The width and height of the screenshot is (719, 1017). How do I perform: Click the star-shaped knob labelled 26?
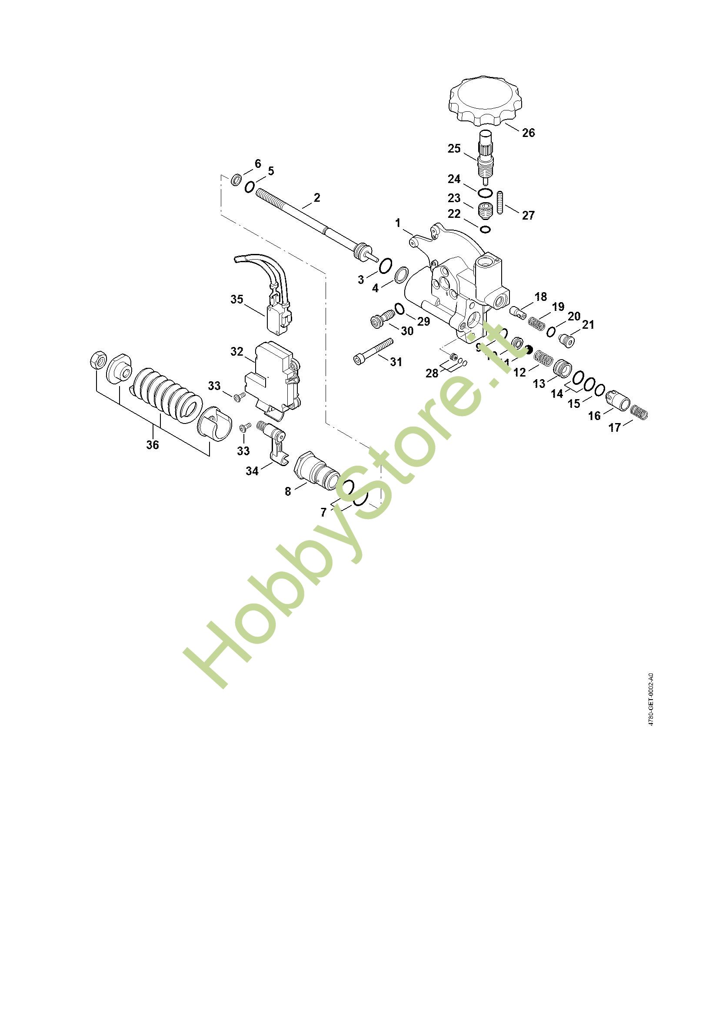pyautogui.click(x=486, y=100)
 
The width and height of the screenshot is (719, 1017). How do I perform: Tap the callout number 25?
pyautogui.click(x=454, y=148)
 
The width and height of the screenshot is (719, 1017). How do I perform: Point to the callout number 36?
pyautogui.click(x=153, y=444)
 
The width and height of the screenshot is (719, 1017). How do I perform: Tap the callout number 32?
pyautogui.click(x=237, y=351)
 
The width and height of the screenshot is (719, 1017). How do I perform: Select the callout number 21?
pyautogui.click(x=588, y=325)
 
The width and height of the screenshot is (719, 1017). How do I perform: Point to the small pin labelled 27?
pyautogui.click(x=501, y=202)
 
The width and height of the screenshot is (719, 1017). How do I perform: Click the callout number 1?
pyautogui.click(x=398, y=223)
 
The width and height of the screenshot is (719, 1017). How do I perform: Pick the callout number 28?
pyautogui.click(x=432, y=373)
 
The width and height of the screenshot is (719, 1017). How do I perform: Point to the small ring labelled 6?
pyautogui.click(x=236, y=180)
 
